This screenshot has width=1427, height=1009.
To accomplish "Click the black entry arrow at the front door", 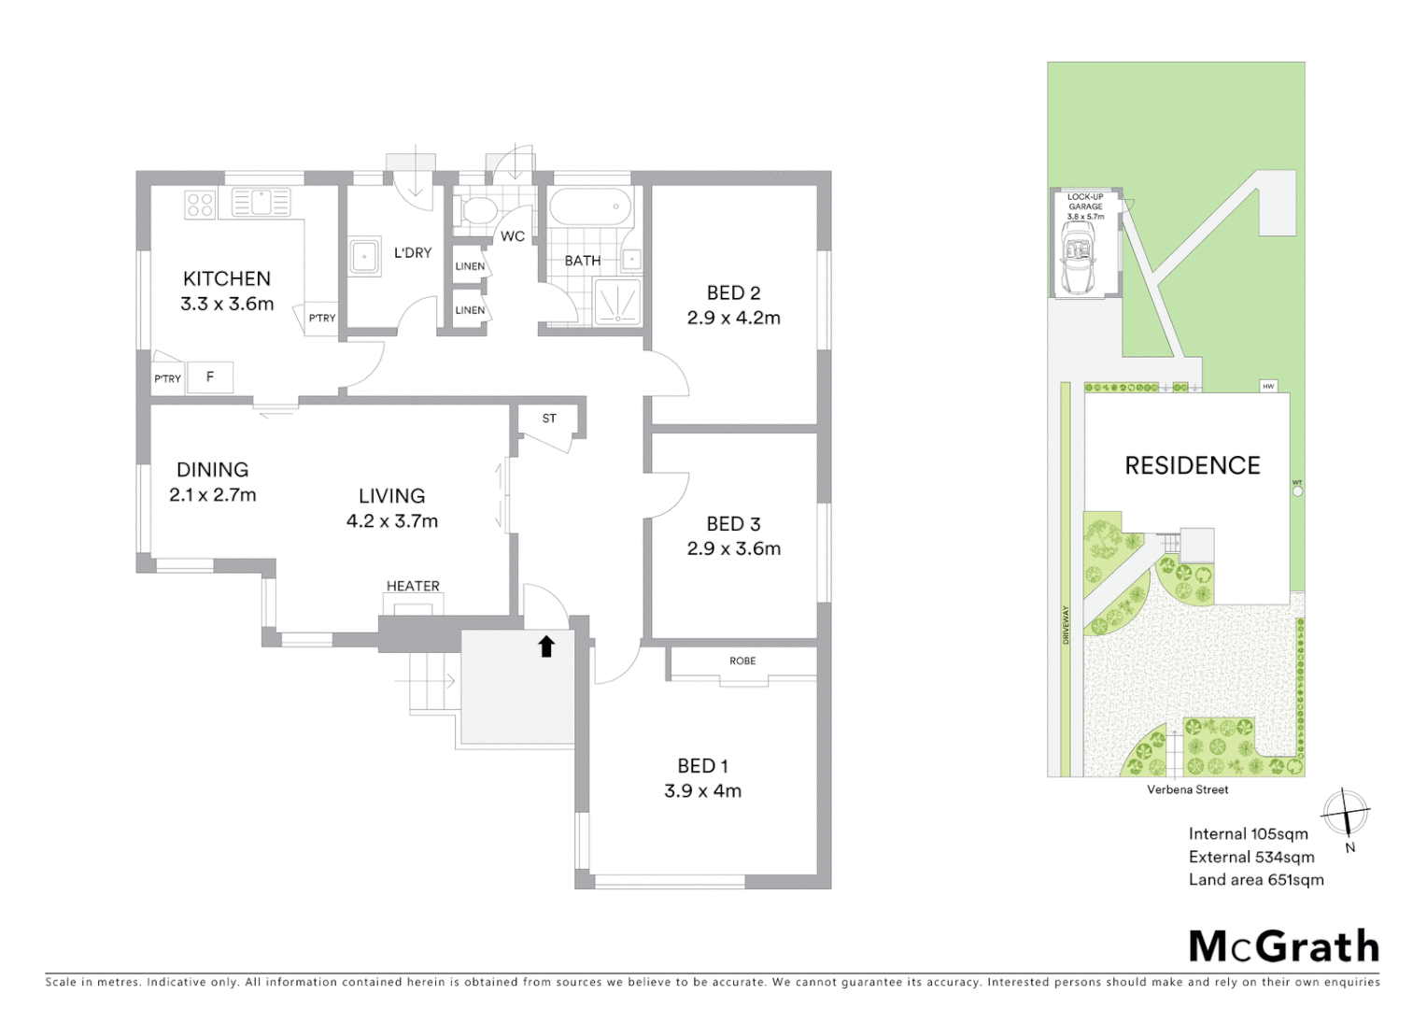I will pyautogui.click(x=546, y=646).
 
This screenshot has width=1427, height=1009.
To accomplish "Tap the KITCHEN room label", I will pyautogui.click(x=227, y=278).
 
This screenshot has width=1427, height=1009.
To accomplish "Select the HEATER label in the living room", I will pyautogui.click(x=413, y=586).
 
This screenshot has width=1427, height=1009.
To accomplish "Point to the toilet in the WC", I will pyautogui.click(x=475, y=210).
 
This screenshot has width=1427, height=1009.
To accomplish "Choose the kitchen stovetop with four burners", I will pyautogui.click(x=200, y=204).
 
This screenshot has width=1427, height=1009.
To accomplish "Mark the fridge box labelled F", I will pyautogui.click(x=210, y=377).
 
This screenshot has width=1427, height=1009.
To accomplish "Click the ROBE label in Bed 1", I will pyautogui.click(x=742, y=661).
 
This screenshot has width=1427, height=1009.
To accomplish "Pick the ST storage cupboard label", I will pyautogui.click(x=549, y=419).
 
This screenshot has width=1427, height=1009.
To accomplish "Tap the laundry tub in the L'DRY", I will pyautogui.click(x=363, y=257).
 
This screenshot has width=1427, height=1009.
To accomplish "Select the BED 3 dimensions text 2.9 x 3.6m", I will pyautogui.click(x=734, y=548).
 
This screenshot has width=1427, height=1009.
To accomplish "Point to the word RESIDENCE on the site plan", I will pyautogui.click(x=1193, y=465).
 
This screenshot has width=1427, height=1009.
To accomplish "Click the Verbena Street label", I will pyautogui.click(x=1188, y=789).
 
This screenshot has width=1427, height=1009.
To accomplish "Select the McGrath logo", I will pyautogui.click(x=1284, y=946).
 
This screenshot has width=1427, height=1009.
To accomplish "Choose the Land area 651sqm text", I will pyautogui.click(x=1256, y=879).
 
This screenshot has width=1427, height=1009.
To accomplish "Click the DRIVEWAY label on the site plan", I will pyautogui.click(x=1066, y=624).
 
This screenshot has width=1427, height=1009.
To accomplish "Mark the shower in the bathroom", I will pyautogui.click(x=616, y=302).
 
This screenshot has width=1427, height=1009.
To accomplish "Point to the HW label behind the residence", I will pyautogui.click(x=1268, y=386).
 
